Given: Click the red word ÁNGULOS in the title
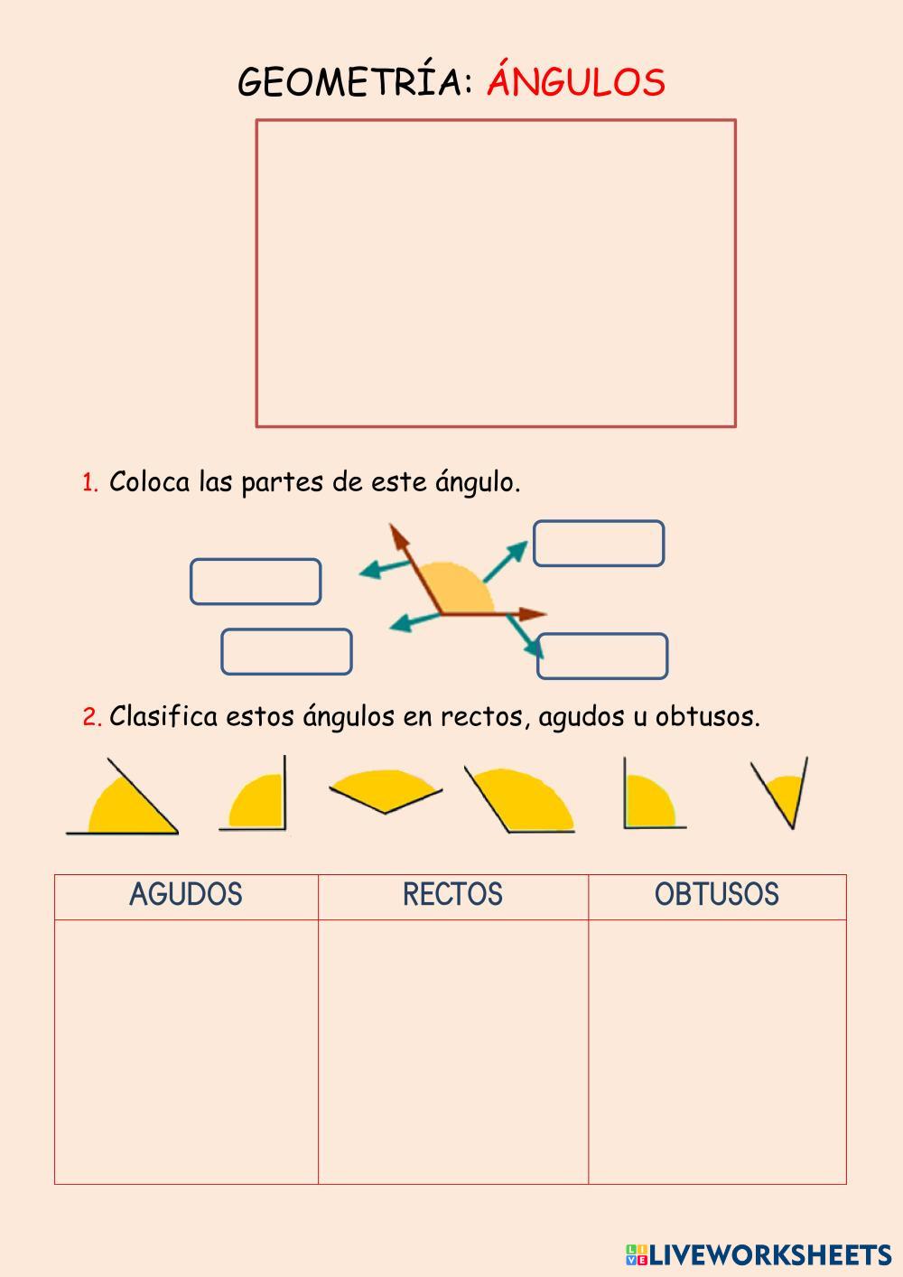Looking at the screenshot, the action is (576, 82).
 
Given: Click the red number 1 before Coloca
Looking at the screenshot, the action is (89, 483).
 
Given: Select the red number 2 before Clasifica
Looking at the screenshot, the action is (91, 718).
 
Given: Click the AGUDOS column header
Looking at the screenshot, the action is (186, 895).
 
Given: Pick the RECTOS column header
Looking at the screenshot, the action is (452, 895).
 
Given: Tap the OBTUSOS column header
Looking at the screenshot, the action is (716, 895).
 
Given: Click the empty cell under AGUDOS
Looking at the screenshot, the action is (186, 1051).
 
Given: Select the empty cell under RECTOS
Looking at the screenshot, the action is (452, 1051).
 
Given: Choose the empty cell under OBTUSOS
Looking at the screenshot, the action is (717, 1051).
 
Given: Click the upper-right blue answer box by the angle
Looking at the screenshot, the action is (599, 544).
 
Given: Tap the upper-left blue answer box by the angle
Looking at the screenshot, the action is (256, 582).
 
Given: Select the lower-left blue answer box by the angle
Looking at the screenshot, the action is (286, 652).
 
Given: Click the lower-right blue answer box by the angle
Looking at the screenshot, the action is (602, 657).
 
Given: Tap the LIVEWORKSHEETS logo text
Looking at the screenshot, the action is (768, 1254).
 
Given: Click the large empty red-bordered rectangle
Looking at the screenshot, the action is (496, 273).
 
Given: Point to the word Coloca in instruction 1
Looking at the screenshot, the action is (150, 482).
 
